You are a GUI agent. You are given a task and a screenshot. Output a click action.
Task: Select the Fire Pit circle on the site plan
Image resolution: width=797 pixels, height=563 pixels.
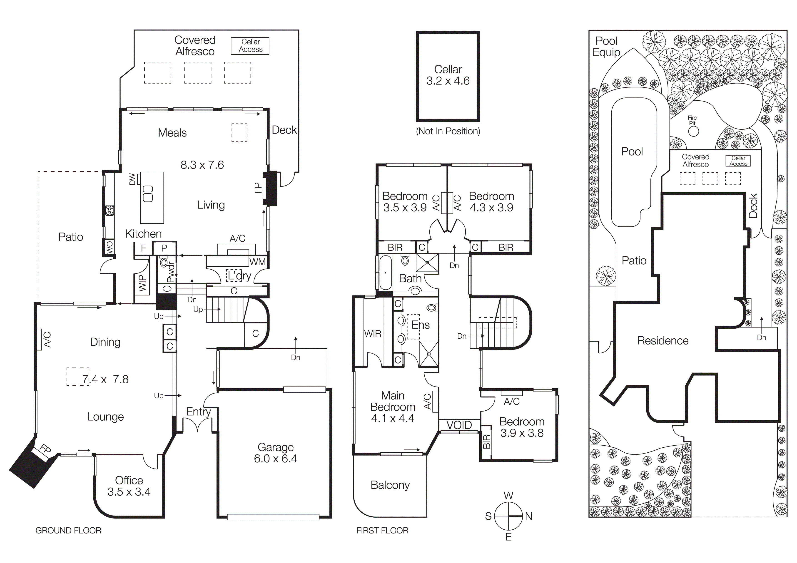point(693,131)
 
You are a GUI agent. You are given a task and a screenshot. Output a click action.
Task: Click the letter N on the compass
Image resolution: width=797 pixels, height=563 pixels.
point(528,516)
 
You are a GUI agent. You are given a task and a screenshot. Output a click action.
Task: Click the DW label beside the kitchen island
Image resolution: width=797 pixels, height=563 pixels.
point(132,179)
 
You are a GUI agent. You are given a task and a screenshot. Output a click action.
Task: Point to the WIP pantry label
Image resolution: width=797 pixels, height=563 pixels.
point(142,283)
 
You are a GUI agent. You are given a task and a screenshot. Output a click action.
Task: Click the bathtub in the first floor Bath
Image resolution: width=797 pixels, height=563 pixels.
point(385,273)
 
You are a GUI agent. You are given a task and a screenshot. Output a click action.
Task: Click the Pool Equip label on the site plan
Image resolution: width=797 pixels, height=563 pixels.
point(606,47)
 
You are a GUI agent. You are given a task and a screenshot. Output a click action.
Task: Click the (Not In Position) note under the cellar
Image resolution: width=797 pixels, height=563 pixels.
point(448,131)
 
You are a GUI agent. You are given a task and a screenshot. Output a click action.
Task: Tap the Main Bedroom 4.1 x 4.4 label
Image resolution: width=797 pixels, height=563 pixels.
point(393,407)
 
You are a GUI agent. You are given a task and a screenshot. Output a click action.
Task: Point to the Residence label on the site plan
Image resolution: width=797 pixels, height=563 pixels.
point(663,341)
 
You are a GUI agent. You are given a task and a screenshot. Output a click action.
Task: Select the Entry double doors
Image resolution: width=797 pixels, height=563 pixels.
point(197,425)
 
